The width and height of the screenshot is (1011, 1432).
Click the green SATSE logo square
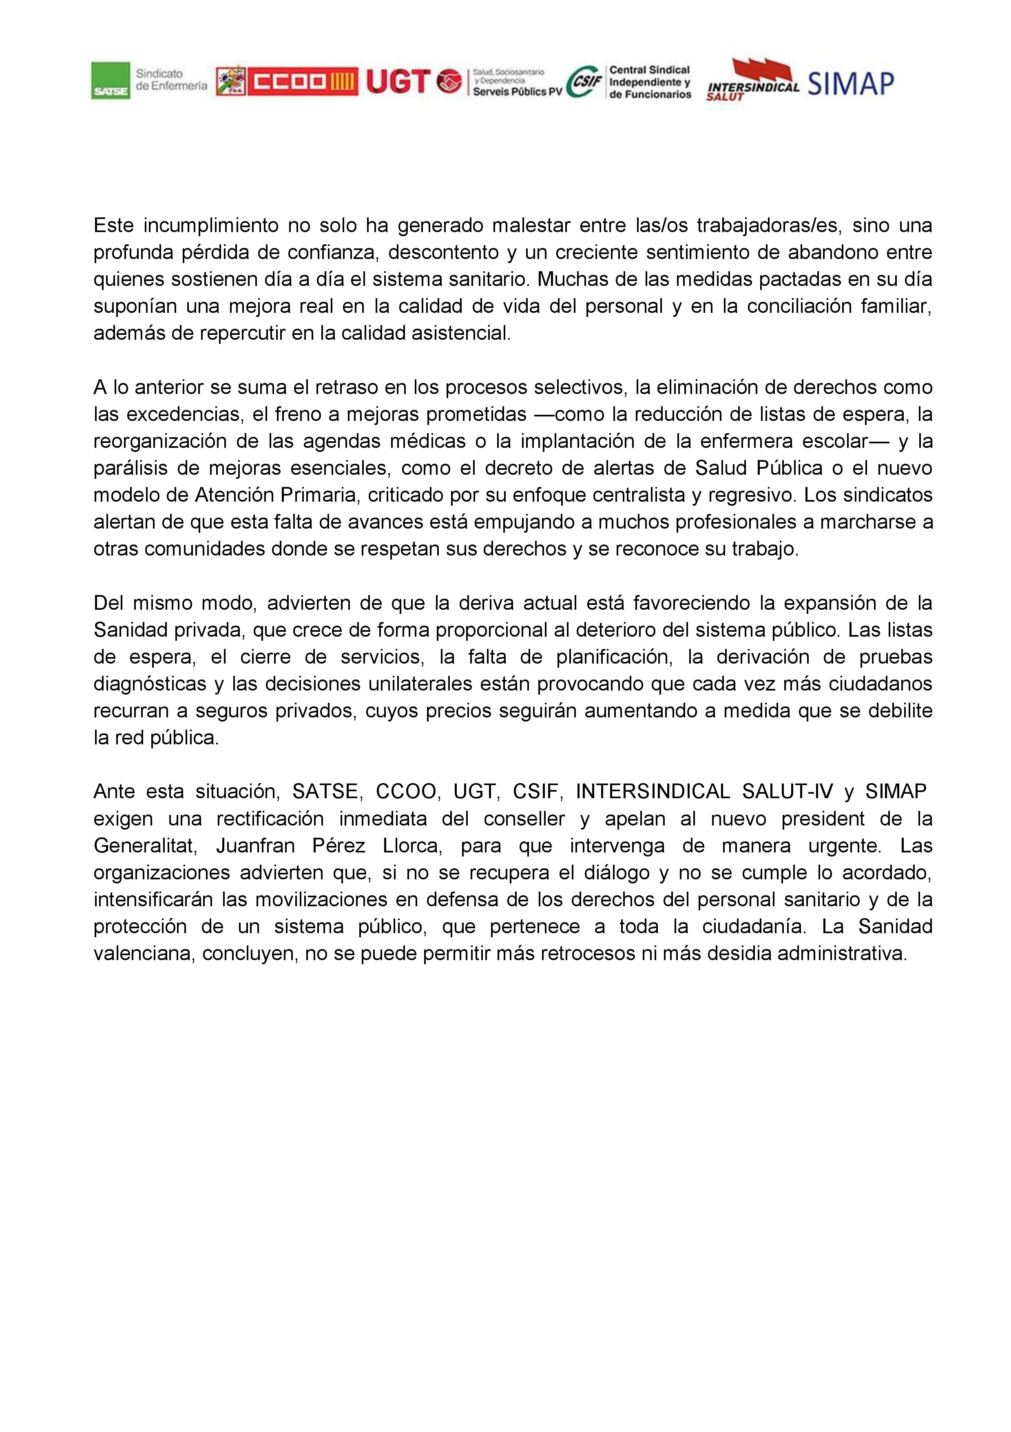coord(111,80)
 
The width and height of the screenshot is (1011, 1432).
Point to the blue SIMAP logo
coord(851,83)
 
